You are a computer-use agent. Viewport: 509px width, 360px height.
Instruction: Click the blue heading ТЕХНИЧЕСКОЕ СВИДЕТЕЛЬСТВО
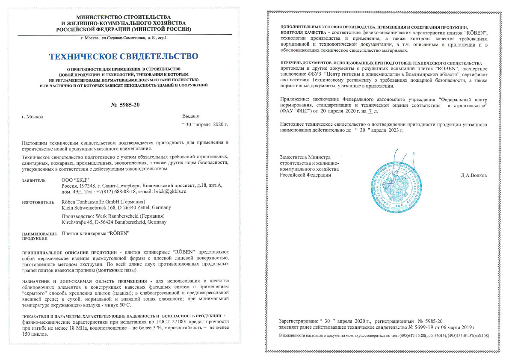[124, 56]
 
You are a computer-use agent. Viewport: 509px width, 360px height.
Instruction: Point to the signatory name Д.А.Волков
[474, 175]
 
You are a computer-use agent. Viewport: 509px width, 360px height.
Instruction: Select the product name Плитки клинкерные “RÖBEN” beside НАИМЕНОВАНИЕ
[95, 233]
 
